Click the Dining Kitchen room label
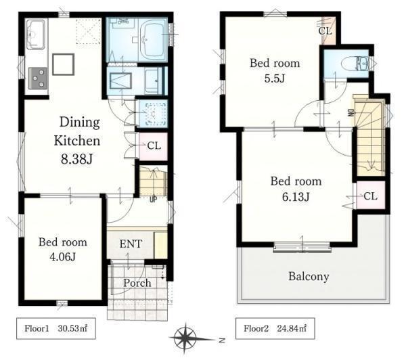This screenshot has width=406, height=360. [x=77, y=131]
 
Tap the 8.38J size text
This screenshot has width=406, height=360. [x=76, y=159]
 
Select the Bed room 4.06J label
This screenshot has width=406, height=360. [x=63, y=249]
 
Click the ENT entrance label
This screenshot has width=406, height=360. [x=131, y=244]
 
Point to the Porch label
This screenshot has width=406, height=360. [x=137, y=283]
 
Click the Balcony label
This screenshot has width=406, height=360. [x=309, y=276]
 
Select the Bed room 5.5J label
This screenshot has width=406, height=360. [x=275, y=70]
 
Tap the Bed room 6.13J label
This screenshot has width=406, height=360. [x=296, y=189]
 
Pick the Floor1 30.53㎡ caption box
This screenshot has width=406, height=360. [x=56, y=328]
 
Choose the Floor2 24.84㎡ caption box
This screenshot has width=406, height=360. [x=275, y=328]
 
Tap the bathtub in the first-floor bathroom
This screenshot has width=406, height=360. [x=153, y=39]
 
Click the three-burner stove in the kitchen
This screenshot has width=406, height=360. [x=38, y=78]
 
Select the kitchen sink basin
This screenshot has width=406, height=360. [x=36, y=35]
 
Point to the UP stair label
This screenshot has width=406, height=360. [x=154, y=200]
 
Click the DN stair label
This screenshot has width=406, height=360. [x=351, y=112]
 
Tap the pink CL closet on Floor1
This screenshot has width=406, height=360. [x=154, y=146]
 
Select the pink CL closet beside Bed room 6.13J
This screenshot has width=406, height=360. [x=371, y=196]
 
